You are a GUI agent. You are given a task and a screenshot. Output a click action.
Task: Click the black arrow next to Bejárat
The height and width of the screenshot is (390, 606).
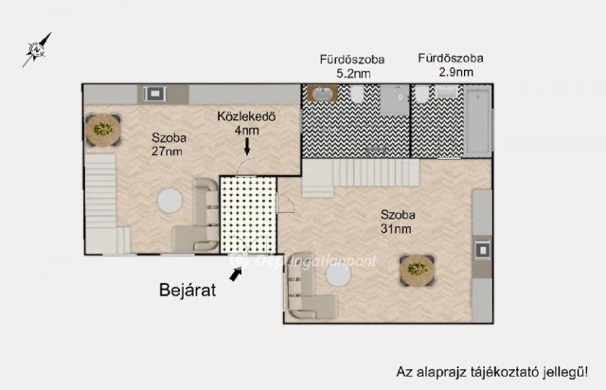pyautogui.click(x=235, y=273)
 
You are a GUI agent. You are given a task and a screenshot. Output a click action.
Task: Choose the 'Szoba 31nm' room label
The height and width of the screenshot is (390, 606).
pyautogui.click(x=396, y=221)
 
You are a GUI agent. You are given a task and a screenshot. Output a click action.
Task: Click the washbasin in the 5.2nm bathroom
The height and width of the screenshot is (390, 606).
pyautogui.click(x=321, y=94)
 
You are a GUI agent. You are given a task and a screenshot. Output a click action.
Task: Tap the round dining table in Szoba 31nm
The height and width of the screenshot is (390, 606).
pyautogui.click(x=417, y=272)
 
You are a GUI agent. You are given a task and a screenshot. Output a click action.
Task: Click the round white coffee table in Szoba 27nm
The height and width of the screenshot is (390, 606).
pyautogui.click(x=170, y=201)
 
